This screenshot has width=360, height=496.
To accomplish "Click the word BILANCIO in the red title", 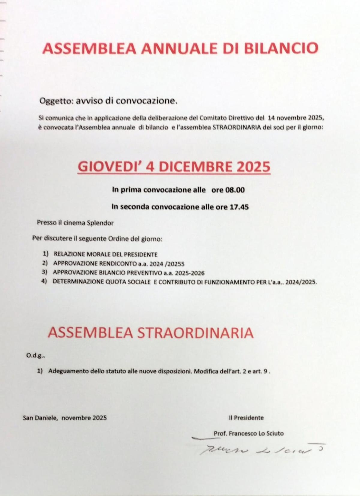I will pyautogui.click(x=281, y=48).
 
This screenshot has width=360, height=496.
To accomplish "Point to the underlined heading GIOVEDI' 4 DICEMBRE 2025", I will pyautogui.click(x=174, y=167).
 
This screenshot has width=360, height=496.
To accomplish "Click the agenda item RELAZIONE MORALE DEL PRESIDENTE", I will pyautogui.click(x=106, y=254).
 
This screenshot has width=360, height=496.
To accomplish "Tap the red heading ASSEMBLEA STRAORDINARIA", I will pyautogui.click(x=150, y=333).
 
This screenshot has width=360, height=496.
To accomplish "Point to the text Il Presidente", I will pyautogui.click(x=246, y=418).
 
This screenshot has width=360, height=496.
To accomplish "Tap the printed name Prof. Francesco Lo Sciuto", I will pyautogui.click(x=248, y=433).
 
